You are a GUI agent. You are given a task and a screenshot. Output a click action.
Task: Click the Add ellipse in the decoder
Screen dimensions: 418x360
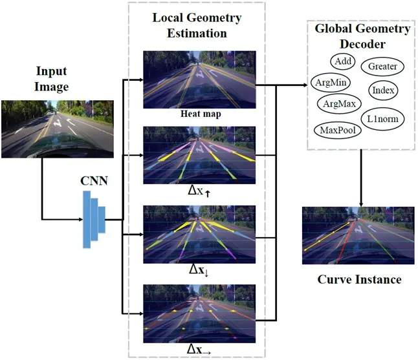(x=342, y=61)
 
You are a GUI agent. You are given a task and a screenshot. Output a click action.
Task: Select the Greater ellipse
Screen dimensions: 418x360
(x=382, y=67)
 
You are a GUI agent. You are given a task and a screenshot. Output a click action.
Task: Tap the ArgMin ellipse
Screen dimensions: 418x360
(x=331, y=82)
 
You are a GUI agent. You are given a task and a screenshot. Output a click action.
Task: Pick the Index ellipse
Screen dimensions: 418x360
(x=383, y=90)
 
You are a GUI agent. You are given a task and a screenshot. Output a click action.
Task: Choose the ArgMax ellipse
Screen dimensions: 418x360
(x=339, y=103)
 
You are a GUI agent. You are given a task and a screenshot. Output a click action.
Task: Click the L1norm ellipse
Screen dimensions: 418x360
(x=383, y=119)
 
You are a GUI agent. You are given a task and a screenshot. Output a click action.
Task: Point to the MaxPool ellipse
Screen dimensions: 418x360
(x=338, y=130)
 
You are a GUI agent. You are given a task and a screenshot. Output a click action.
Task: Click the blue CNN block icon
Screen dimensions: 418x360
(x=94, y=219)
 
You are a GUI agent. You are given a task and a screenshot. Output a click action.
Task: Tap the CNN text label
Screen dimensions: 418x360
(x=94, y=181)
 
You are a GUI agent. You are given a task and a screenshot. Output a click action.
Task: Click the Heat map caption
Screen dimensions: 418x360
(x=201, y=114)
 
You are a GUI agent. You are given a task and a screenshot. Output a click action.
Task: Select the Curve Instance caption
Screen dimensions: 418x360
(x=359, y=280)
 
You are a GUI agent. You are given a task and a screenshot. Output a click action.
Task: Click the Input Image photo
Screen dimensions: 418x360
(x=58, y=129)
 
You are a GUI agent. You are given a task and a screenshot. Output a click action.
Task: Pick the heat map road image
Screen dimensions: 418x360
(x=199, y=79)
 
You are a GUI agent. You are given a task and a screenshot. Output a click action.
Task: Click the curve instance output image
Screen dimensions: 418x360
(x=358, y=235)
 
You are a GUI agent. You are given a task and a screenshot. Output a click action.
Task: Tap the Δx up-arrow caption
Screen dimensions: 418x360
(x=199, y=191)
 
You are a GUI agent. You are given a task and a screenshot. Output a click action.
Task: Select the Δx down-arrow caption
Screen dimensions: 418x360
(x=199, y=270)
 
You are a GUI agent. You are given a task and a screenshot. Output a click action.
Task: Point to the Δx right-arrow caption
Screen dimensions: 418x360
(x=199, y=350)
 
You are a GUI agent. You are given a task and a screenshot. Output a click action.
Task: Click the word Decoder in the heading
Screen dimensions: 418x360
(x=362, y=44)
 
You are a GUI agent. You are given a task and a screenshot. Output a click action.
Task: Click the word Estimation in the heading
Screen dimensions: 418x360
(x=197, y=33)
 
